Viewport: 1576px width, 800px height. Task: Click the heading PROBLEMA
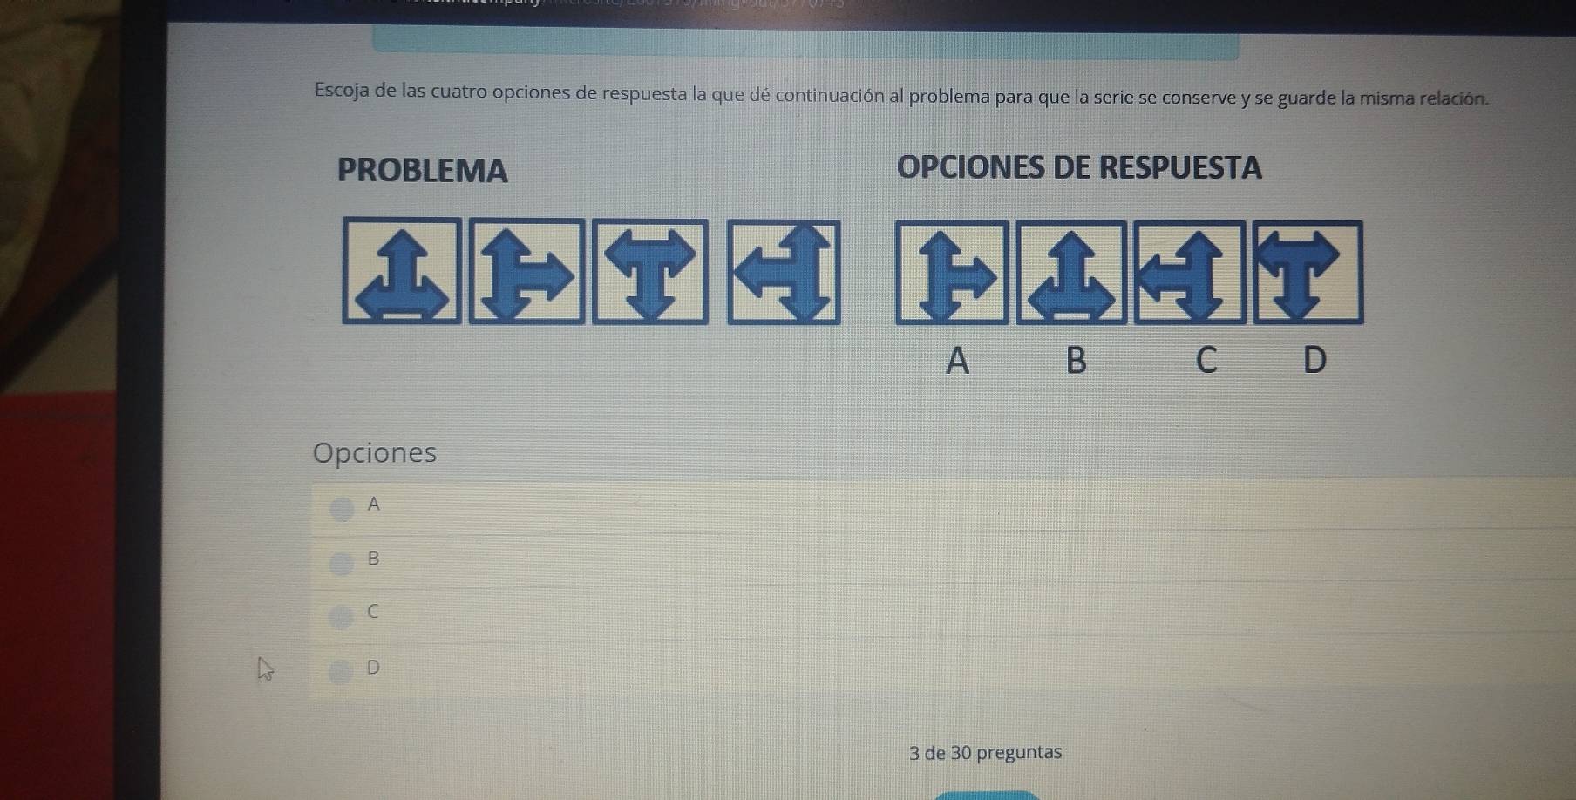coord(422,171)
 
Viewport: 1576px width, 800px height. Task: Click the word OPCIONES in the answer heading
coord(969,167)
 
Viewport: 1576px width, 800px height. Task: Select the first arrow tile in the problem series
coord(402,271)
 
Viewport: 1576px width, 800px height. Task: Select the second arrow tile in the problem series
coord(526,272)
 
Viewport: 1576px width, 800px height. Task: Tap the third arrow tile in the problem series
coord(650,272)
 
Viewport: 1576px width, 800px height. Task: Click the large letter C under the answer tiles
coord(1206,359)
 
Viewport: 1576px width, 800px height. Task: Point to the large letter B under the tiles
coord(1077,359)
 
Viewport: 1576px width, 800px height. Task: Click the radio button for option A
coord(342,508)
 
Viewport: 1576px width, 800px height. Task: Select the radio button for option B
coord(341,563)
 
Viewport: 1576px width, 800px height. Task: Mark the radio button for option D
coord(341,671)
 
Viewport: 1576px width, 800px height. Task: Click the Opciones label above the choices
coord(375,452)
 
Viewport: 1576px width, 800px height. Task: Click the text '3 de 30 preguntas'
coord(985,752)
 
